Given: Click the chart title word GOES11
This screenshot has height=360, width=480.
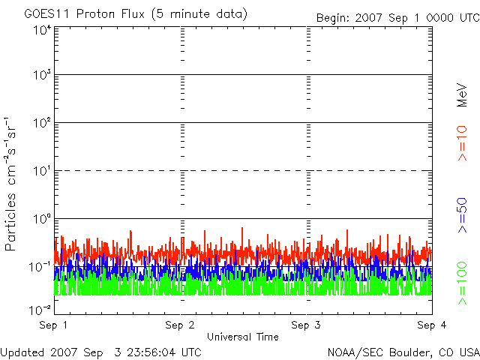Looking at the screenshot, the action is (x=47, y=14).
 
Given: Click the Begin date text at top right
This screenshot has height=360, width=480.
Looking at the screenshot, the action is (x=398, y=18).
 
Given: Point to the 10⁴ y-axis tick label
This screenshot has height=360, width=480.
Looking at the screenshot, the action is (x=43, y=30).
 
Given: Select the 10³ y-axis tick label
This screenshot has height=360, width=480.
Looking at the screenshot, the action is (x=43, y=75).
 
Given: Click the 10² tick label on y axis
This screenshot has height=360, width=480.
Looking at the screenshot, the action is (x=43, y=123).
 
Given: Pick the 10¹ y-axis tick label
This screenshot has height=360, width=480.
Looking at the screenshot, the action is (x=43, y=171).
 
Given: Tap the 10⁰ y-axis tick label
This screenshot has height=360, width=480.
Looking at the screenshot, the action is (x=43, y=219).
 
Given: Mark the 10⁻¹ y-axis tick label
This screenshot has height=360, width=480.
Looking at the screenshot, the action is (x=40, y=267).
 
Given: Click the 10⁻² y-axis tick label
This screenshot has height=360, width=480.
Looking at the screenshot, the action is (x=40, y=310).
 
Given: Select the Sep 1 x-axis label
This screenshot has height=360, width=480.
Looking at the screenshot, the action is (x=53, y=325).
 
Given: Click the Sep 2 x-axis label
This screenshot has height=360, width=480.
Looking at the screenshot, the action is (x=180, y=325).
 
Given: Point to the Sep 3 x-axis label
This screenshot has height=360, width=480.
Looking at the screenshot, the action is (x=306, y=325).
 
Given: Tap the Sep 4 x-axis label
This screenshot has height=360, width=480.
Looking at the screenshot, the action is (x=432, y=325).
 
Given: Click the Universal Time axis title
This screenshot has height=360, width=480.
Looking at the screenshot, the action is (x=243, y=337).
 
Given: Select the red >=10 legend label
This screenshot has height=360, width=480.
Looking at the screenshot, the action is (x=462, y=143).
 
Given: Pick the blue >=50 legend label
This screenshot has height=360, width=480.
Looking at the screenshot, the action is (x=462, y=215).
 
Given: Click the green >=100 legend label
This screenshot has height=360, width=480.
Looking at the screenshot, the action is (x=462, y=283).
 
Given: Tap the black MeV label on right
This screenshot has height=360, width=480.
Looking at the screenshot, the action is (x=462, y=95).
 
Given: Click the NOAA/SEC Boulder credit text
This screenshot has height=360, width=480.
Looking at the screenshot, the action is (x=403, y=352).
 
